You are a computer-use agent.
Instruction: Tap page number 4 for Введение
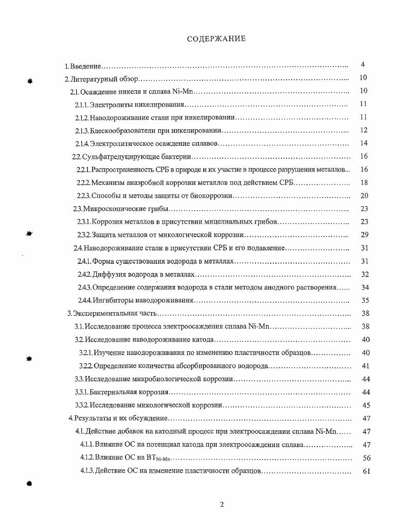coord(363,65)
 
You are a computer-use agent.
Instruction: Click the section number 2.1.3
coord(82,131)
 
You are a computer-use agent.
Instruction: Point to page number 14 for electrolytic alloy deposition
coord(364,143)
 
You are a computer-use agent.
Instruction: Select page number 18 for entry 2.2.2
coord(364,182)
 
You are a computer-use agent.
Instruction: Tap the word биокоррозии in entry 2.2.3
coord(213,196)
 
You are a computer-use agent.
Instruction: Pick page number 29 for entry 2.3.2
coord(364,235)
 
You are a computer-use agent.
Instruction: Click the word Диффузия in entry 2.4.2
coord(108,275)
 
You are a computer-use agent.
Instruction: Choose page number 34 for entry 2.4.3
coord(365,287)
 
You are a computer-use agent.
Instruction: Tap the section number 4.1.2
coord(87,457)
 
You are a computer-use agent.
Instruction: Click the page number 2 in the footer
coord(222,504)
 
